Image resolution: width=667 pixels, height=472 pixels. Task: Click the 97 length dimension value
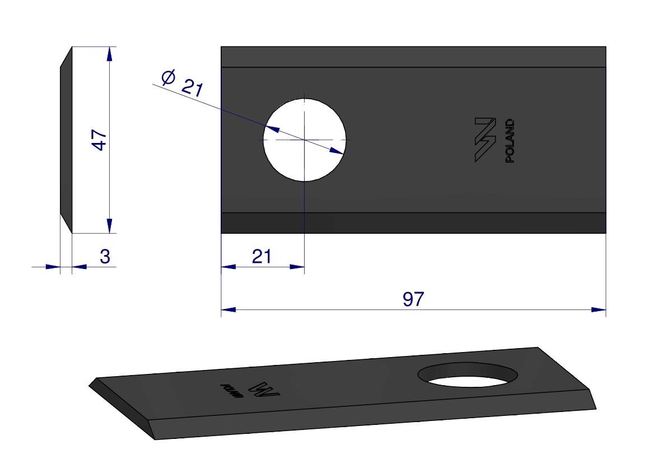click(x=413, y=299)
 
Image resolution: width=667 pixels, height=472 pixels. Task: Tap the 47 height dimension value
click(x=100, y=140)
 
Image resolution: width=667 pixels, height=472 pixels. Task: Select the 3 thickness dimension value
click(x=105, y=257)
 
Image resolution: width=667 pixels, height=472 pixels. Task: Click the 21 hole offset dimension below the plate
click(x=261, y=257)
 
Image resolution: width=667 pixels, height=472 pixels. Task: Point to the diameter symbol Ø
click(x=169, y=77)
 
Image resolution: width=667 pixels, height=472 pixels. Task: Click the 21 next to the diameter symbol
click(x=192, y=88)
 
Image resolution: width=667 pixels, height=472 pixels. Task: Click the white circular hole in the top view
click(x=305, y=140)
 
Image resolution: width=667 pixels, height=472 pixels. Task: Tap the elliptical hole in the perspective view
click(x=468, y=375)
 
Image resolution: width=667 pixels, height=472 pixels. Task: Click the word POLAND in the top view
click(x=510, y=141)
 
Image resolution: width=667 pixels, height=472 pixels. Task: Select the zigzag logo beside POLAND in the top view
click(x=486, y=140)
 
